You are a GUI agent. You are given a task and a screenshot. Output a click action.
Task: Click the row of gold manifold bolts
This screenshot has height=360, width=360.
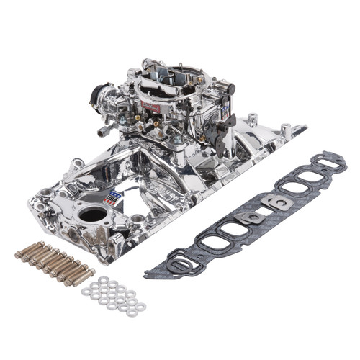[54, 261]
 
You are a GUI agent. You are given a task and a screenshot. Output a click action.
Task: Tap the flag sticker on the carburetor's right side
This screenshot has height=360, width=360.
[225, 114]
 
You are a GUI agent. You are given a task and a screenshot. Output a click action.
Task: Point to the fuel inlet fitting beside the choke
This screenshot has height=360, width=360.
[107, 130]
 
